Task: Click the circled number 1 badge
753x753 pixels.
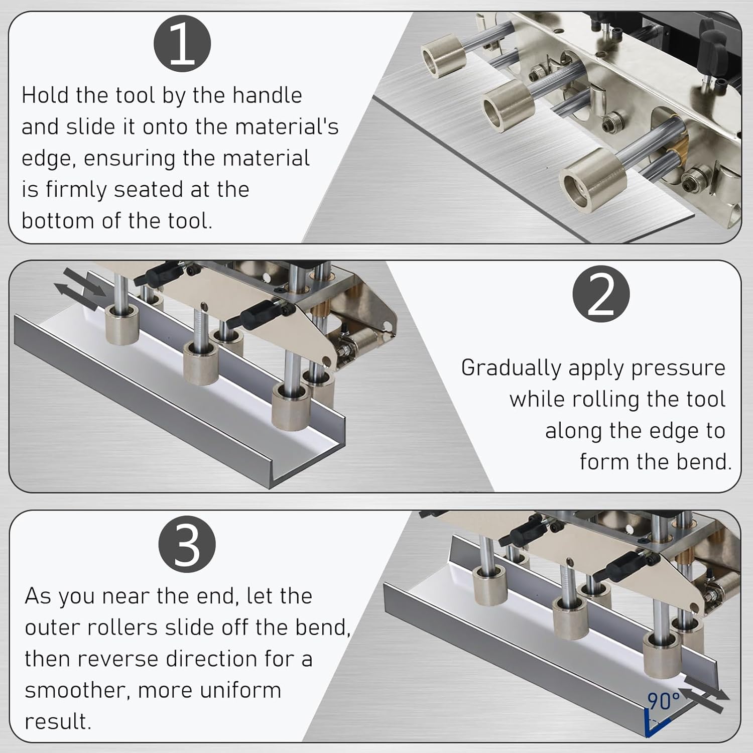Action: click(182, 44)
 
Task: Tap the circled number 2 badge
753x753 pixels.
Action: click(601, 294)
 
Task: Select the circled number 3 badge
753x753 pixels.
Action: click(187, 544)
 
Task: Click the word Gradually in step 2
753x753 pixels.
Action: click(511, 368)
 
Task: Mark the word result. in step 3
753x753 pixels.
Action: click(58, 722)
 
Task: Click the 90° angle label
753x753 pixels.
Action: click(663, 701)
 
